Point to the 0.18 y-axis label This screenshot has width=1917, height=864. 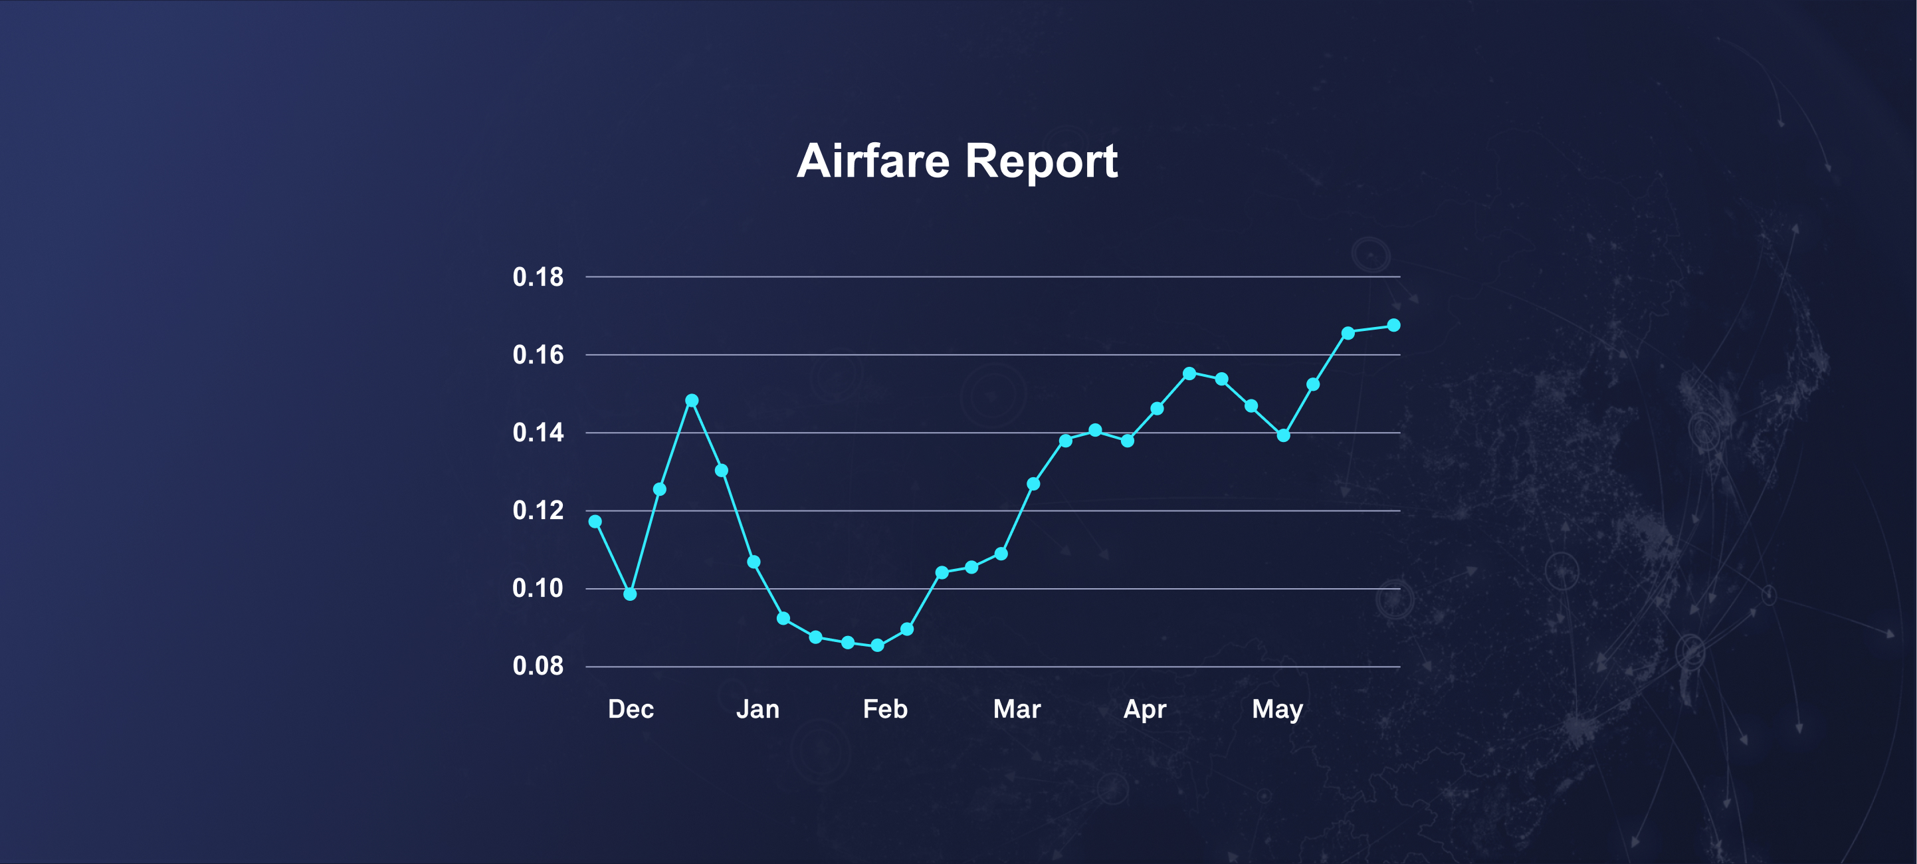tap(538, 277)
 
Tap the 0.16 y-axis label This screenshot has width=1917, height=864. tap(538, 355)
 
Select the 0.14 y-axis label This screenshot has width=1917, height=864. tap(538, 433)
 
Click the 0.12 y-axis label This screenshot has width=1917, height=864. tap(538, 510)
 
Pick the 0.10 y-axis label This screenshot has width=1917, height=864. tap(538, 588)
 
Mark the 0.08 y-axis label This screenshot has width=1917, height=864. tap(538, 666)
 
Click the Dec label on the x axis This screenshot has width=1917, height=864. tap(631, 709)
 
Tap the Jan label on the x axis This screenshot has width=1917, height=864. tap(757, 709)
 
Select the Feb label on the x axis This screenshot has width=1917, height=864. tap(885, 709)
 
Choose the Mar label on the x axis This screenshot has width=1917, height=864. tap(1017, 709)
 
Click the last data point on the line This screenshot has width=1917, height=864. tap(1394, 325)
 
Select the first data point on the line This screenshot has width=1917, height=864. tap(595, 522)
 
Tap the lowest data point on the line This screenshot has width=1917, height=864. tap(877, 645)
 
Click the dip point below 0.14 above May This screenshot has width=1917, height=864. tap(1284, 435)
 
